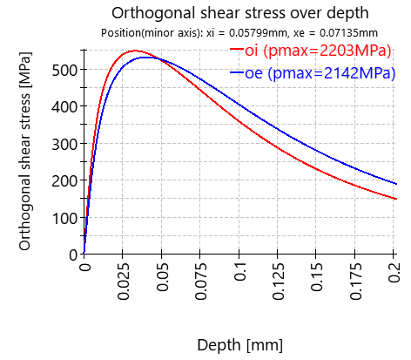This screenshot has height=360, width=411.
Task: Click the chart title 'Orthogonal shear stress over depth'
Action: pyautogui.click(x=229, y=13)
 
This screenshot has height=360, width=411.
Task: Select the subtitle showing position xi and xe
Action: pyautogui.click(x=228, y=33)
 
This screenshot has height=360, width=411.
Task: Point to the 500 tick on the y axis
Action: pyautogui.click(x=64, y=69)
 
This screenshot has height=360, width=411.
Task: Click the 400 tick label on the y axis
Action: pyautogui.click(x=64, y=106)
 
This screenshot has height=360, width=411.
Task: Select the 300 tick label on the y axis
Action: pyautogui.click(x=64, y=143)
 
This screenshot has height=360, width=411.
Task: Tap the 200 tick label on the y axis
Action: pyautogui.click(x=64, y=180)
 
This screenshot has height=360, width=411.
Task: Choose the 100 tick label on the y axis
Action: pyautogui.click(x=64, y=217)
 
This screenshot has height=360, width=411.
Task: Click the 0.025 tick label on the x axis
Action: pyautogui.click(x=124, y=282)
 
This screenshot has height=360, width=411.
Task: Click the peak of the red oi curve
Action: pyautogui.click(x=135, y=51)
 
